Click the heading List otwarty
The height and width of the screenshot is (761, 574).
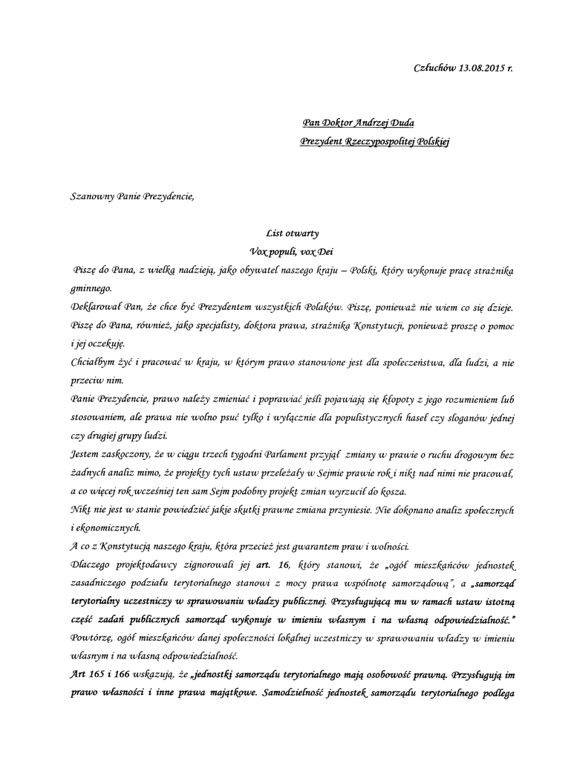point(292,233)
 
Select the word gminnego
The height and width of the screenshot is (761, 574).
point(91,287)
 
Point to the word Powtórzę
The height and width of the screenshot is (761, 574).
point(93,638)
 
